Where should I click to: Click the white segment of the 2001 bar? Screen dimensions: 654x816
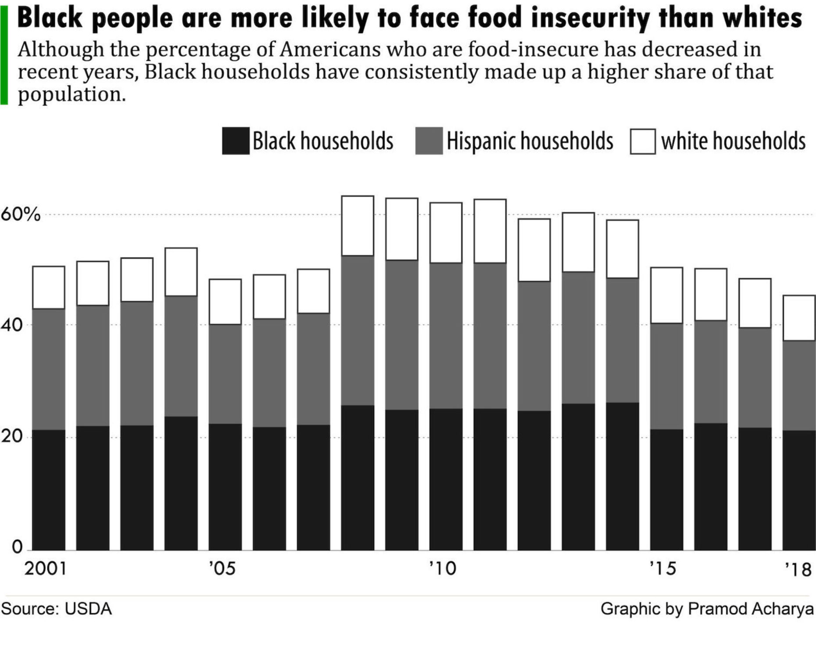click(x=49, y=287)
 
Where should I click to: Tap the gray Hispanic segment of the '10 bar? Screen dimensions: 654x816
click(x=446, y=336)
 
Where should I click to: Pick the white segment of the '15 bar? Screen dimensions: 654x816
click(x=666, y=295)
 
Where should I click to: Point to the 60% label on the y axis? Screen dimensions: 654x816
click(x=20, y=215)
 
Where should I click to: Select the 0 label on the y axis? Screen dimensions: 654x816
click(x=17, y=547)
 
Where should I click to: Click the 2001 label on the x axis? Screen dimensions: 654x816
click(x=46, y=569)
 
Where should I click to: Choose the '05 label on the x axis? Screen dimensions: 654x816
click(x=222, y=569)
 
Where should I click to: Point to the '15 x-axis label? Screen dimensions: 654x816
click(x=663, y=569)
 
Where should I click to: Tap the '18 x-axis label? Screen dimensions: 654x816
click(x=798, y=570)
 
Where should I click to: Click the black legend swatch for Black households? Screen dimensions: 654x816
click(x=236, y=141)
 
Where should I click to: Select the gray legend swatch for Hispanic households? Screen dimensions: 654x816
click(x=429, y=141)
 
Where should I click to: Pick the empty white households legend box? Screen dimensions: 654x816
click(x=643, y=141)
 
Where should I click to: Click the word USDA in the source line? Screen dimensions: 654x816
click(x=88, y=609)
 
